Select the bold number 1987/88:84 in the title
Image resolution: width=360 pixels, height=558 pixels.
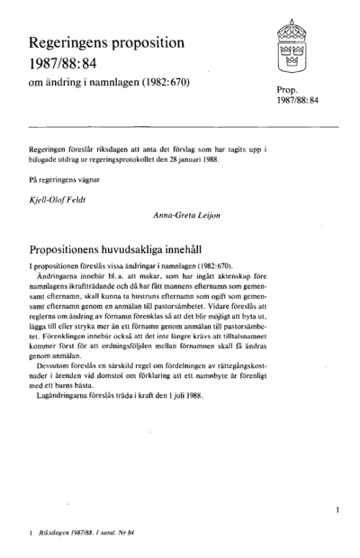(x=68, y=65)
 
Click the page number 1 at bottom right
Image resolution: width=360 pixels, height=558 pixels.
(x=335, y=510)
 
